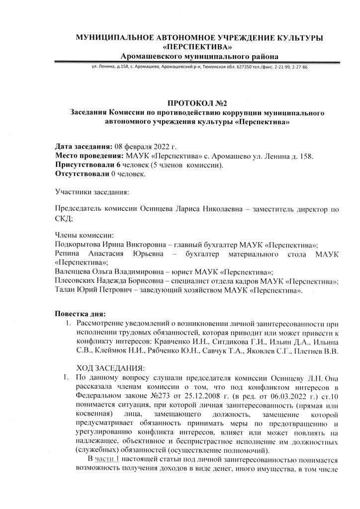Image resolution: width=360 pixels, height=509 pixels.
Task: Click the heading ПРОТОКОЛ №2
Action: pos(197,103)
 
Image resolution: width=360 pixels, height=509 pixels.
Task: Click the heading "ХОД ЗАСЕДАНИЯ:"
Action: pos(109,368)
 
